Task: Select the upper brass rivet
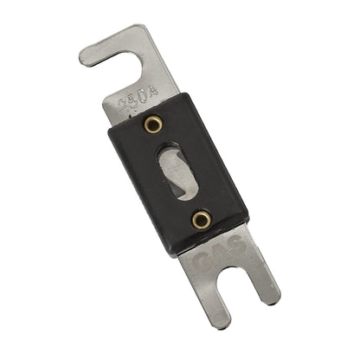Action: click(154, 126)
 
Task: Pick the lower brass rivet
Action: click(201, 219)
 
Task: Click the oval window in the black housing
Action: click(177, 172)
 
